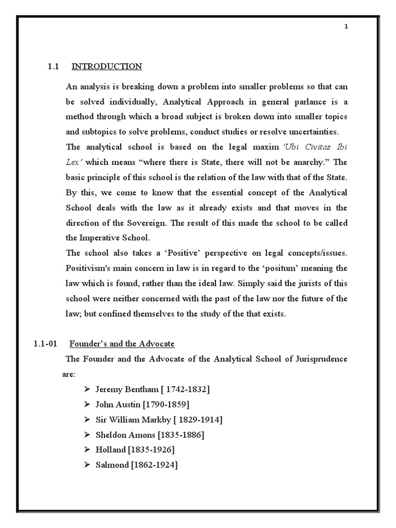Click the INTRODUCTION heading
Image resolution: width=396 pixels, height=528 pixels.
tap(106, 67)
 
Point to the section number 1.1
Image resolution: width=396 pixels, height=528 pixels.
tap(54, 67)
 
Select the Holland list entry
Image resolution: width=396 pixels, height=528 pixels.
tap(111, 450)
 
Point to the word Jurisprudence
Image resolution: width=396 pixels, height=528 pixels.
tap(321, 359)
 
